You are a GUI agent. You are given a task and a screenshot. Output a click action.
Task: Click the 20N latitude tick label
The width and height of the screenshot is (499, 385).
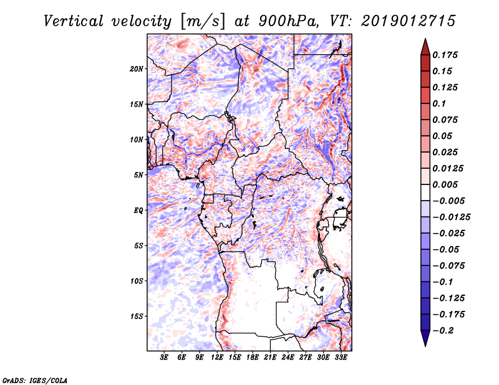137,69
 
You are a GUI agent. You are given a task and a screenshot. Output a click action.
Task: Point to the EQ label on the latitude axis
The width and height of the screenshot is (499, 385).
138,211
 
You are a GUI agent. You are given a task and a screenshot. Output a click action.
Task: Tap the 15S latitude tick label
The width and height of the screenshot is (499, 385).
137,316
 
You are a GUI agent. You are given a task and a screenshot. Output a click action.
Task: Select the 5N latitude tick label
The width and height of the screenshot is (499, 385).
138,175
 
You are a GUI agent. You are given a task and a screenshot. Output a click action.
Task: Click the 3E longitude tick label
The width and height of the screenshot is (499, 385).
165,358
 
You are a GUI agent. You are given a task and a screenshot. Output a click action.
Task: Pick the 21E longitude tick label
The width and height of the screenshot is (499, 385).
270,358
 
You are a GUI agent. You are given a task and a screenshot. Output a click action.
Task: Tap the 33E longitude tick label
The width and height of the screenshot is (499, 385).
341,358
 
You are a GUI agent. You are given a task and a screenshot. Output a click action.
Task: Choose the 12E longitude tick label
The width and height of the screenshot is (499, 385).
217,358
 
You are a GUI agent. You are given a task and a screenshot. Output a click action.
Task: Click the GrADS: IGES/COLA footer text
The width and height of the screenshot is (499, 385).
35,379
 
